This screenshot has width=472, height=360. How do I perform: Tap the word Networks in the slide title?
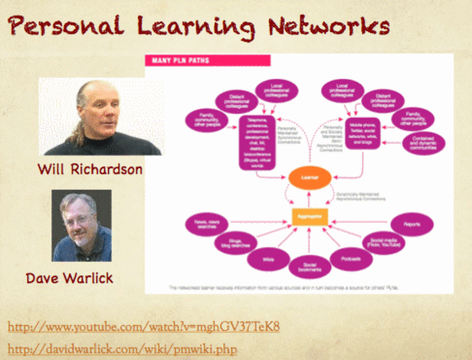pyautogui.click(x=330, y=28)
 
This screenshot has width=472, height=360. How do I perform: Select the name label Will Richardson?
pyautogui.click(x=90, y=169)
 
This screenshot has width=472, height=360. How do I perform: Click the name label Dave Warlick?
pyautogui.click(x=70, y=278)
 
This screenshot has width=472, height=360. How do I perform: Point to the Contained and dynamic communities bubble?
pyautogui.click(x=423, y=142)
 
